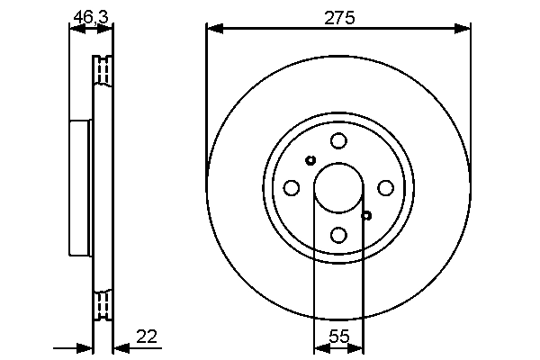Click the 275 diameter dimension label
(x=338, y=15)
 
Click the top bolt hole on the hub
(x=338, y=140)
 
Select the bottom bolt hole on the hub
(x=338, y=235)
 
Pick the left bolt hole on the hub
(x=291, y=187)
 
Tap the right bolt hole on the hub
(x=385, y=187)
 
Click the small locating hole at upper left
(x=310, y=160)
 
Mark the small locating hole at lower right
(x=366, y=215)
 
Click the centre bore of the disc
(x=338, y=187)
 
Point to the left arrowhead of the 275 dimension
(x=212, y=29)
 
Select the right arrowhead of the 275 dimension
(x=465, y=29)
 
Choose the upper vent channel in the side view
(x=103, y=70)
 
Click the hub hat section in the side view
(x=81, y=187)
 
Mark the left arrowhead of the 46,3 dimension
(x=75, y=29)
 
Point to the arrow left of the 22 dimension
(x=86, y=347)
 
